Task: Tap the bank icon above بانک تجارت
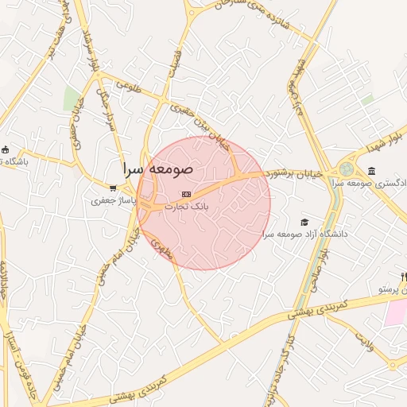[186, 194]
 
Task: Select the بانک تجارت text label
[186, 206]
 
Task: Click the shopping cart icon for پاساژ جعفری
[114, 188]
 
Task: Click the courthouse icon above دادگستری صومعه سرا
[372, 172]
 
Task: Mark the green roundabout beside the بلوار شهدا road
[347, 169]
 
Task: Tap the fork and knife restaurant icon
[404, 277]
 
